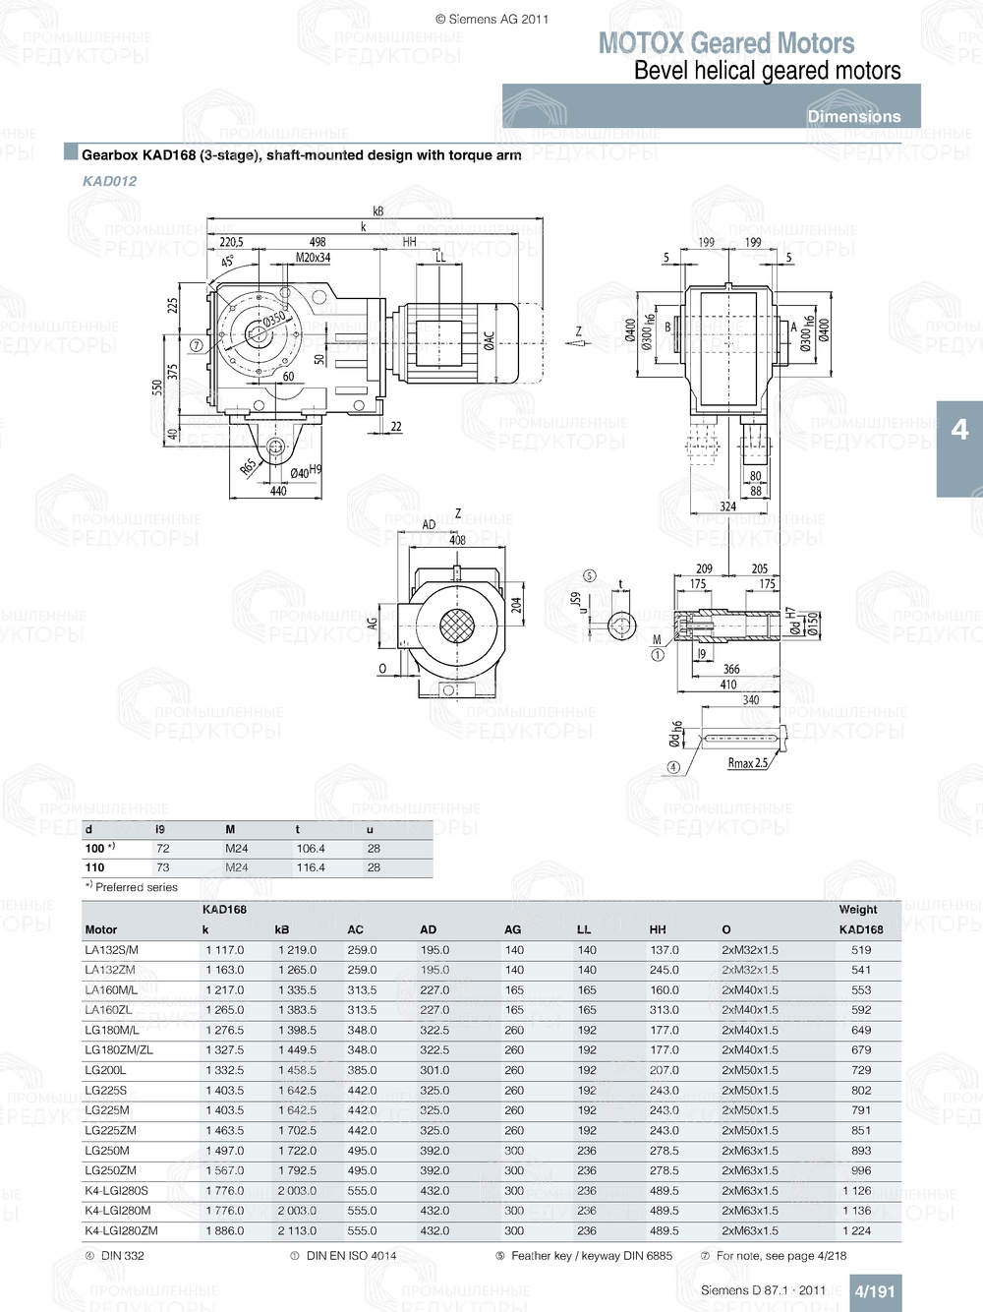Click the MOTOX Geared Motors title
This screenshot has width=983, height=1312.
click(726, 43)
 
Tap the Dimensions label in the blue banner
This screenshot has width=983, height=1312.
click(853, 116)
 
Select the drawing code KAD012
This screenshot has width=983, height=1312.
click(109, 181)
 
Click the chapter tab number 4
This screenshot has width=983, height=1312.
click(959, 430)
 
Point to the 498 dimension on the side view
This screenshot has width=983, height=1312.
click(318, 242)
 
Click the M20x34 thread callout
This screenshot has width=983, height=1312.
click(314, 258)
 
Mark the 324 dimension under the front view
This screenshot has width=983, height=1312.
click(727, 507)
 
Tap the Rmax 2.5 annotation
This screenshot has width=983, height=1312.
click(747, 763)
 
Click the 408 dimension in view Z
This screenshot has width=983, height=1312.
click(457, 540)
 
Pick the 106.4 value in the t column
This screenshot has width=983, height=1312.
click(311, 849)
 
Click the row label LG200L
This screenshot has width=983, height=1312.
click(105, 1070)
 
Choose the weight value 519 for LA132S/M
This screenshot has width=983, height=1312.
click(861, 950)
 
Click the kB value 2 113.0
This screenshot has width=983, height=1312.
click(297, 1230)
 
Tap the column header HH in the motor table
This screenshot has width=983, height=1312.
click(658, 929)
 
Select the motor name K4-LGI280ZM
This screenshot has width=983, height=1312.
click(121, 1230)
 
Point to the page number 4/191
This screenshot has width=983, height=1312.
click(874, 1291)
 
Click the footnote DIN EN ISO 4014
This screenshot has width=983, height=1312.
click(351, 1256)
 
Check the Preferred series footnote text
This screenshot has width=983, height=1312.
click(136, 887)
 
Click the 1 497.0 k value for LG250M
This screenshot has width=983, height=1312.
click(224, 1151)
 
